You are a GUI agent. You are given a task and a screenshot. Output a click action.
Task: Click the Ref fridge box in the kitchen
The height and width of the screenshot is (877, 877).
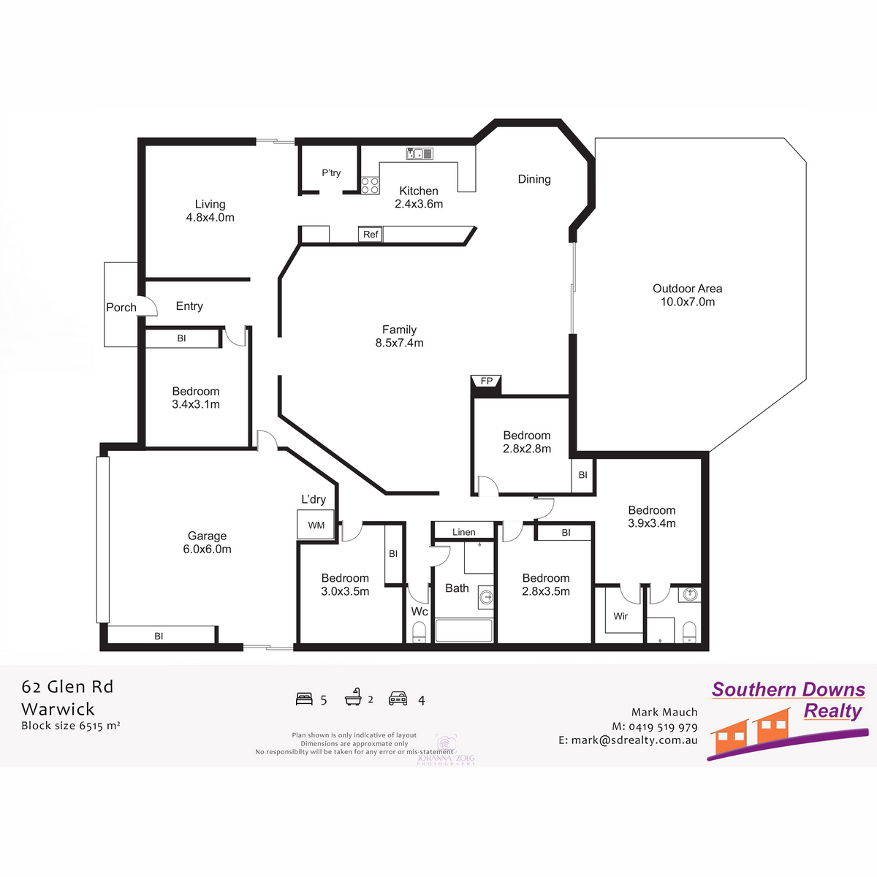pos(371,235)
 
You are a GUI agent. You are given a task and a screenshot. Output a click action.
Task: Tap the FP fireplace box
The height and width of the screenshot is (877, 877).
pos(486,381)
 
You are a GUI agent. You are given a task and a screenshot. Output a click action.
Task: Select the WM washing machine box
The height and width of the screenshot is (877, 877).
pos(316,525)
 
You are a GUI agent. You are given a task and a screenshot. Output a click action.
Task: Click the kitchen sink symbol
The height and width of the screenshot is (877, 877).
pos(419,153)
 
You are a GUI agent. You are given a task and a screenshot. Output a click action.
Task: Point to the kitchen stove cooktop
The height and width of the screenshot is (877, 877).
pos(370,185)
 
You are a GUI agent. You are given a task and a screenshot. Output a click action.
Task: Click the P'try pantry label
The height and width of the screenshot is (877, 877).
pos(331,173)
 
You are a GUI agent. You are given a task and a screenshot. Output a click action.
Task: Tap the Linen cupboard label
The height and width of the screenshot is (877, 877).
pos(463,532)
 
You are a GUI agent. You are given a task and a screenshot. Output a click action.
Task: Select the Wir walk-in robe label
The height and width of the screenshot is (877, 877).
pos(620,616)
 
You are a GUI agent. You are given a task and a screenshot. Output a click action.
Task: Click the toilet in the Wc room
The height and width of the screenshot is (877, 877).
pos(419,631)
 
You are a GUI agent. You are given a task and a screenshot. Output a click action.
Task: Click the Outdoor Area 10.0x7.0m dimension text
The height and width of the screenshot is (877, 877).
pos(688,302)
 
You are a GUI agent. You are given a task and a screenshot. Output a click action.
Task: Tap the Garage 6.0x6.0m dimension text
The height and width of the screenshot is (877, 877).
pos(207,550)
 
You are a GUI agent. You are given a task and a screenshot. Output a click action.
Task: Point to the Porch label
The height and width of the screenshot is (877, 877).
pos(121,308)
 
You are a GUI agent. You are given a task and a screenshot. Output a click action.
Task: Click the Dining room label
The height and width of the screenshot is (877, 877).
pos(534,179)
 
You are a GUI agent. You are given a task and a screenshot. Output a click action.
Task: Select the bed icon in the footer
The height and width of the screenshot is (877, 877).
pos(304,699)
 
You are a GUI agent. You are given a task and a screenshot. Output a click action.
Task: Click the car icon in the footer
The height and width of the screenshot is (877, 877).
pos(398,699)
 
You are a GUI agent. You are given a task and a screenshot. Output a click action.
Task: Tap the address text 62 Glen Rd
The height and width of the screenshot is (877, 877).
pos(67,687)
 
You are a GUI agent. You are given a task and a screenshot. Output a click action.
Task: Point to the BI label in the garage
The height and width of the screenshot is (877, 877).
pos(159,637)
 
